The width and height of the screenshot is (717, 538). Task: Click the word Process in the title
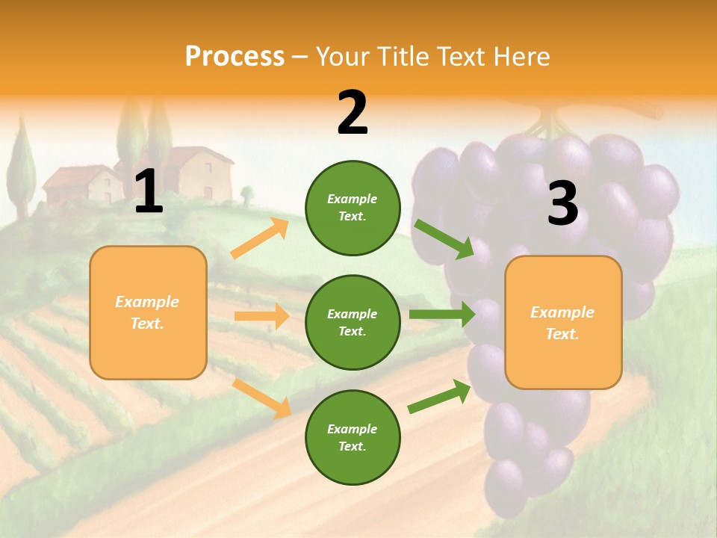pos(235,57)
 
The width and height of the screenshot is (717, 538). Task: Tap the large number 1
pos(149,192)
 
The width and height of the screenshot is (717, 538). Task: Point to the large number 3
pos(562,204)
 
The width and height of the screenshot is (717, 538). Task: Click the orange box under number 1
pos(148,312)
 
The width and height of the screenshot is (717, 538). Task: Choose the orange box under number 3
pos(563,323)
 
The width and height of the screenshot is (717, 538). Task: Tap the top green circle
pos(353,208)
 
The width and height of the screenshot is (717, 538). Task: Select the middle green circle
pos(353,322)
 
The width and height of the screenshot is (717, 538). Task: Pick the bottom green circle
pos(353,437)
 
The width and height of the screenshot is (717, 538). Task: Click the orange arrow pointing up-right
pos(260,238)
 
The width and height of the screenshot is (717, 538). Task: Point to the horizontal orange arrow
pos(261,316)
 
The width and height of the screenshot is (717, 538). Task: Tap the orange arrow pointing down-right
pos(261,398)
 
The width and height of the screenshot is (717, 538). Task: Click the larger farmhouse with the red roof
pos(197,173)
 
